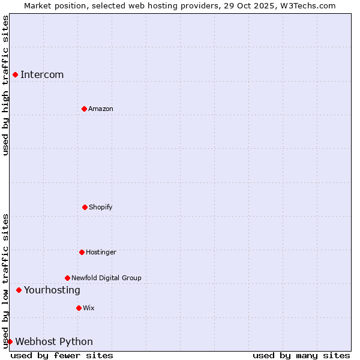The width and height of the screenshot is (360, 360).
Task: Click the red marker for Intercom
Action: [x=15, y=74]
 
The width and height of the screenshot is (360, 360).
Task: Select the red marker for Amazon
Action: [x=84, y=109]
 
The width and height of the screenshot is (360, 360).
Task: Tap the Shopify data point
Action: [x=85, y=207]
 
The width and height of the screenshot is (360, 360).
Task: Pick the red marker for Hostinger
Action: [x=82, y=252]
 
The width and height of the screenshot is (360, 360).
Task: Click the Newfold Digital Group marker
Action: [x=67, y=278]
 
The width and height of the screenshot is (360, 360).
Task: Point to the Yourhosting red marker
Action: [x=19, y=290]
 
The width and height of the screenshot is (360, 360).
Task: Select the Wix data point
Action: [x=79, y=308]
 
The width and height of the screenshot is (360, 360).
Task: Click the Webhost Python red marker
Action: [x=10, y=341]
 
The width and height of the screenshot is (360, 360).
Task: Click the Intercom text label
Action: [x=42, y=74]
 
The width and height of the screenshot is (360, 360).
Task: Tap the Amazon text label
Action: [x=101, y=109]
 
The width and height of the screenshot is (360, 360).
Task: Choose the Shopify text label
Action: [x=101, y=207]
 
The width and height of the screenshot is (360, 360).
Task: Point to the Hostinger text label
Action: [x=101, y=252]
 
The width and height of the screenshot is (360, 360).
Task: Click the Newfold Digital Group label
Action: [x=107, y=278]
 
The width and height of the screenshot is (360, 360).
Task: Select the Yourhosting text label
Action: [x=52, y=290]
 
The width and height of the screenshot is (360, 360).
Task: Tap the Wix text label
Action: [x=89, y=308]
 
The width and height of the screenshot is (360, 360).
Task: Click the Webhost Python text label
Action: [x=54, y=341]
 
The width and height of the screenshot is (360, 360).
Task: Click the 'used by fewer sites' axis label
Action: [x=62, y=355]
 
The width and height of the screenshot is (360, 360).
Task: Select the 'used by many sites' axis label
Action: [x=301, y=355]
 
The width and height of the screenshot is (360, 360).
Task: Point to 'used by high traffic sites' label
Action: [x=5, y=85]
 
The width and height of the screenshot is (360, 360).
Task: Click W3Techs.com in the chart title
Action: [x=306, y=5]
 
